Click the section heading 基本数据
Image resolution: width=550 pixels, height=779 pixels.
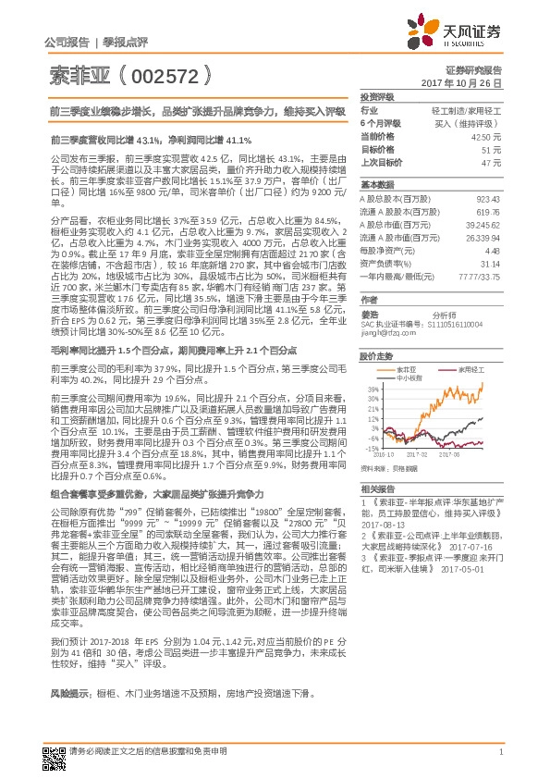tap(376, 184)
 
